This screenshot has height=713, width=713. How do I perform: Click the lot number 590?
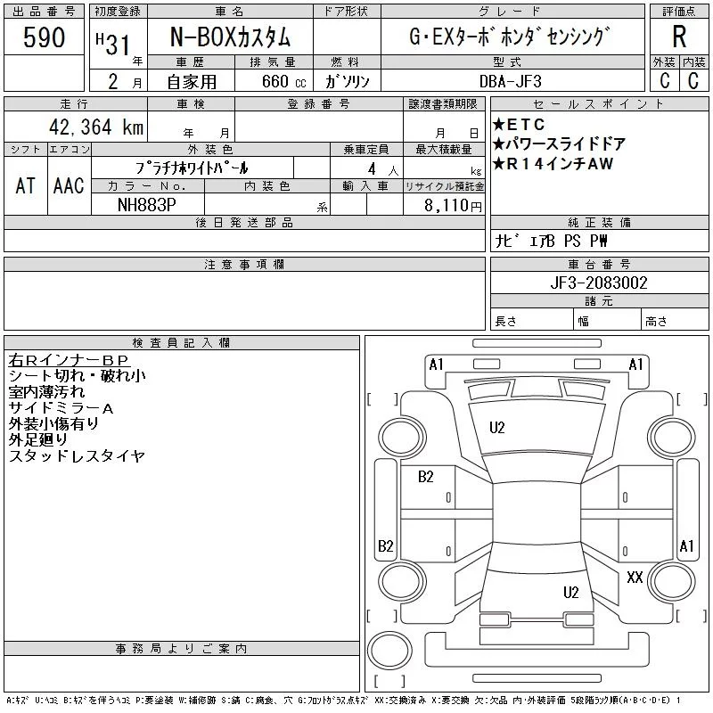[45, 37]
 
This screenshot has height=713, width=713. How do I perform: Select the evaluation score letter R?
[680, 37]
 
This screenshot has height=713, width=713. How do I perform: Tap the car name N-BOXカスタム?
[229, 38]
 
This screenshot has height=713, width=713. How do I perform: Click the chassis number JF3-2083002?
[599, 283]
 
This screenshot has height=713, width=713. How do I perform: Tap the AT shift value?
[25, 185]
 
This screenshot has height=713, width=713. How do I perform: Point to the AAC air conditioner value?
[69, 185]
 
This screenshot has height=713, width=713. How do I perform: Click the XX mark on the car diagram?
[635, 578]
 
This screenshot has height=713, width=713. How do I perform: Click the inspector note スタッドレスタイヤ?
[77, 456]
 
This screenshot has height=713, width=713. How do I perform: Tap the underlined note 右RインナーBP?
[69, 360]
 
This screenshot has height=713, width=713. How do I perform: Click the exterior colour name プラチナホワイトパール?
[192, 168]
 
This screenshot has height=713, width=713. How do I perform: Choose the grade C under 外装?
[664, 81]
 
